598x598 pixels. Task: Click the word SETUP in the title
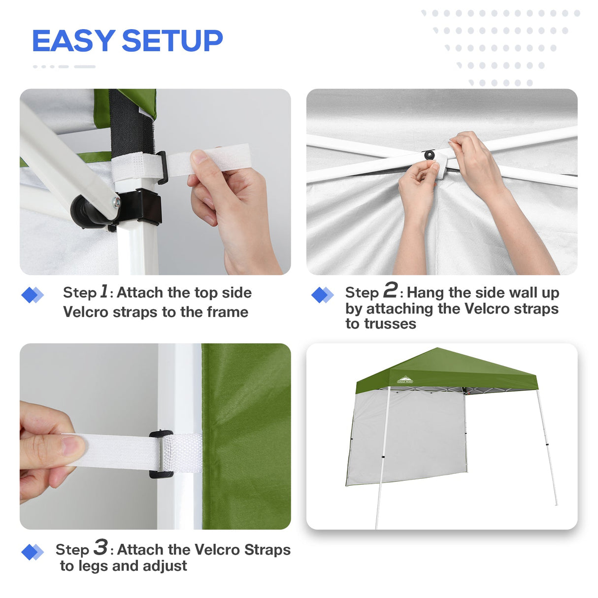[x=172, y=41]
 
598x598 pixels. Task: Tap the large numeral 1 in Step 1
[x=104, y=291]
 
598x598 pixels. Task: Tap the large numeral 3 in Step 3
[x=100, y=547]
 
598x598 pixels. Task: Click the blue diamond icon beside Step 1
[x=33, y=295]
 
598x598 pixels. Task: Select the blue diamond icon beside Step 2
[x=323, y=295]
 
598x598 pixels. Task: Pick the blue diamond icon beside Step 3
[x=33, y=552]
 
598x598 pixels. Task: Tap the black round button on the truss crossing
[x=430, y=155]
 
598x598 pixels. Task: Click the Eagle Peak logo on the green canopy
[x=405, y=380]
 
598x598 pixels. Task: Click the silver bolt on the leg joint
[x=116, y=201]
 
